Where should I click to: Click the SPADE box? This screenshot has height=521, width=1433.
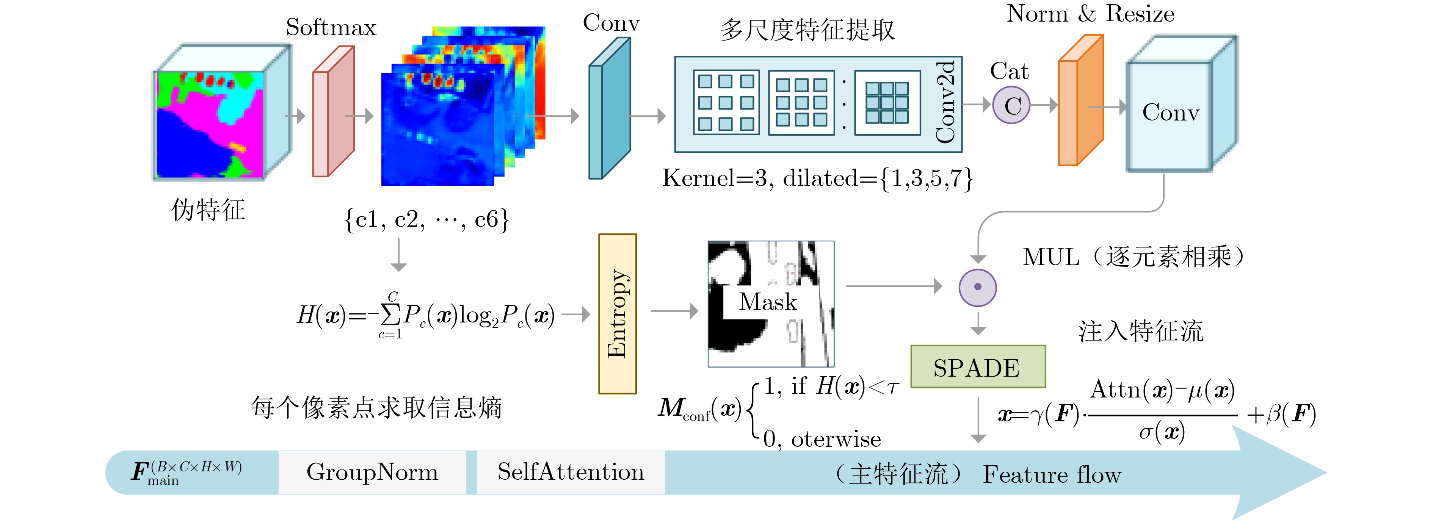(x=978, y=366)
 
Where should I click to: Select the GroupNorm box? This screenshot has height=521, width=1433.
(x=372, y=472)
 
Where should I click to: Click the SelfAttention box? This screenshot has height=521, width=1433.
(x=571, y=472)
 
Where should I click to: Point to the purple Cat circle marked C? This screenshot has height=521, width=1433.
(x=1012, y=105)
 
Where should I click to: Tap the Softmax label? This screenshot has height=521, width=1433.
(x=331, y=27)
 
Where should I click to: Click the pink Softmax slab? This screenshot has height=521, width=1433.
(x=333, y=111)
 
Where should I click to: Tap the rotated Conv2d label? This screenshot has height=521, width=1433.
(x=945, y=102)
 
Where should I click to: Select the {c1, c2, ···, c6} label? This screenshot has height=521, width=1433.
(x=426, y=220)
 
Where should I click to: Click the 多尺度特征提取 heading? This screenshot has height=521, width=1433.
(x=808, y=30)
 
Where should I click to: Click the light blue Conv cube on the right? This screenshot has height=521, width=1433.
(x=1182, y=104)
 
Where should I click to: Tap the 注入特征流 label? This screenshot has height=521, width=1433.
(x=1141, y=332)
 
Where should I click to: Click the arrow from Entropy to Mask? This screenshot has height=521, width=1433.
(x=674, y=311)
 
